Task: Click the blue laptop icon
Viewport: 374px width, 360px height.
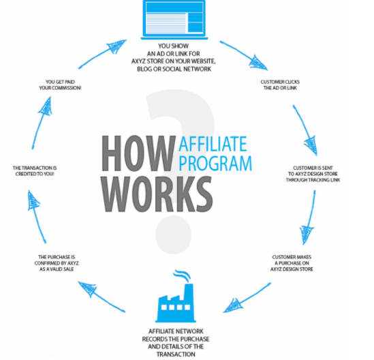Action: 174,19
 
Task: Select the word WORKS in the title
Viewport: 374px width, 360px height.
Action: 157,194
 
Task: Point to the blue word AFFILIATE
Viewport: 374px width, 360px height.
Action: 213,144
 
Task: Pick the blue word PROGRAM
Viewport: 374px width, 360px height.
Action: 215,163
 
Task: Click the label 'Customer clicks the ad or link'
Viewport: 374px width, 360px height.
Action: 280,85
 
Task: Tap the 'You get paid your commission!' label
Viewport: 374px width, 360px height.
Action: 60,85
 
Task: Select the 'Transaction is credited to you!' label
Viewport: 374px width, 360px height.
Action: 35,171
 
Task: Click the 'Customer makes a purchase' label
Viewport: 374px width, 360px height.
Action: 292,263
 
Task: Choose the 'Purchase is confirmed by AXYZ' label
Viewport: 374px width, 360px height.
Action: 57,263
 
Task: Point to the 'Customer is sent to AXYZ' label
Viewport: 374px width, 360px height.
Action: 313,174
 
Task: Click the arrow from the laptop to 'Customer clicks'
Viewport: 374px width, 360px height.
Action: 244,55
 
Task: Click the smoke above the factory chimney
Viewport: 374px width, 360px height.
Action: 182,275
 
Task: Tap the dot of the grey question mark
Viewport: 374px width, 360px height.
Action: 174,235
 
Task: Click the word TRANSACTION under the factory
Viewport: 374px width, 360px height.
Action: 176,355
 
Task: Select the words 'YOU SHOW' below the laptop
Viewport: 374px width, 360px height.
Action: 174,46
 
